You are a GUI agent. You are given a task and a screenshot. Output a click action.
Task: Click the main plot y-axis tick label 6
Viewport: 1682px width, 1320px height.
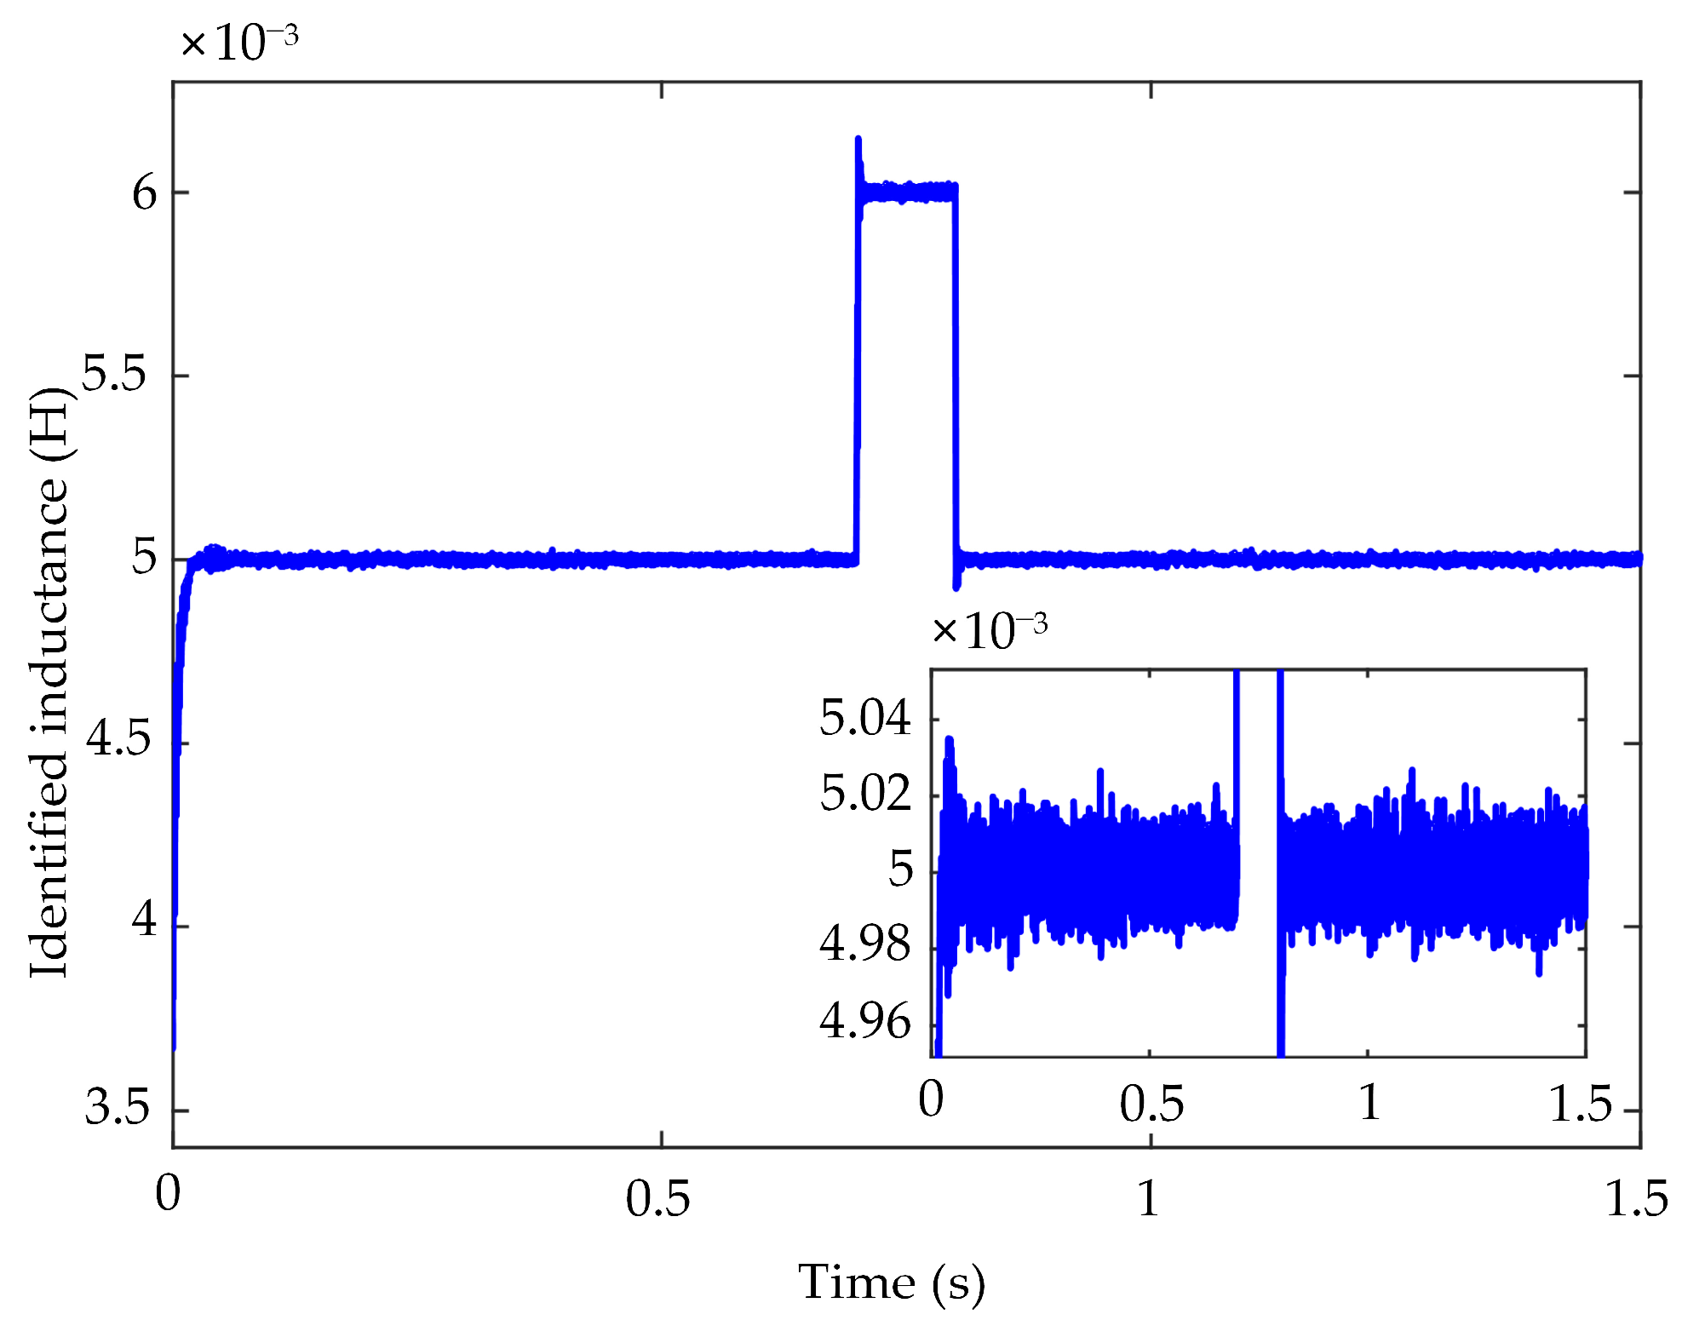tap(144, 193)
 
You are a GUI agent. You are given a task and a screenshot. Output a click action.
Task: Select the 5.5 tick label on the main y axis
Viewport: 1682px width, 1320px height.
tap(114, 375)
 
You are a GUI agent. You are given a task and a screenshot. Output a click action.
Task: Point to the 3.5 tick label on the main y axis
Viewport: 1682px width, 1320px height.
tap(117, 1108)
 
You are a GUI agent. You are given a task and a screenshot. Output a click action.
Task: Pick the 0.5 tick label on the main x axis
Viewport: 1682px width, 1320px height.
tap(657, 1199)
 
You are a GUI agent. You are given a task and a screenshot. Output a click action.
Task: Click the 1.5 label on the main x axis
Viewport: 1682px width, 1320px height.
tap(1636, 1199)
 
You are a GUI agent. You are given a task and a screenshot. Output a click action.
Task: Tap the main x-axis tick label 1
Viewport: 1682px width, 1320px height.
tap(1149, 1199)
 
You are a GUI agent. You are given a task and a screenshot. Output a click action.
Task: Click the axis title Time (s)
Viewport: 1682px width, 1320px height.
tap(891, 1283)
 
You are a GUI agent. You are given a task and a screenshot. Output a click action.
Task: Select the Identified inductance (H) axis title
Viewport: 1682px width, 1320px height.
tap(49, 681)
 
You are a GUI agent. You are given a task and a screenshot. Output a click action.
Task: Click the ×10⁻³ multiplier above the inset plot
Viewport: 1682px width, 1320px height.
tap(990, 631)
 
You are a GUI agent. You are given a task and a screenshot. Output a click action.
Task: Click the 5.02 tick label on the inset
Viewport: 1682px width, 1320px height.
tap(864, 794)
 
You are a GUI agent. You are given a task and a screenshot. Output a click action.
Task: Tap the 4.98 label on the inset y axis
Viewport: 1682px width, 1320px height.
tap(864, 944)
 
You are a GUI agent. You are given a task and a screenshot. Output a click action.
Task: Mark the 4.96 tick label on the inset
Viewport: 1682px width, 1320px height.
tap(864, 1021)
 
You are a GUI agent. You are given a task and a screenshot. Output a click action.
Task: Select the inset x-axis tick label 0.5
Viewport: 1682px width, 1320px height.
tap(1151, 1104)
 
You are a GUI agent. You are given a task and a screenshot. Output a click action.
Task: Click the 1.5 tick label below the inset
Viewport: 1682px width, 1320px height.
tap(1580, 1104)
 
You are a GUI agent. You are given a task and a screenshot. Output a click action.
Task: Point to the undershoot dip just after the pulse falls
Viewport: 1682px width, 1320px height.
tap(956, 586)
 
